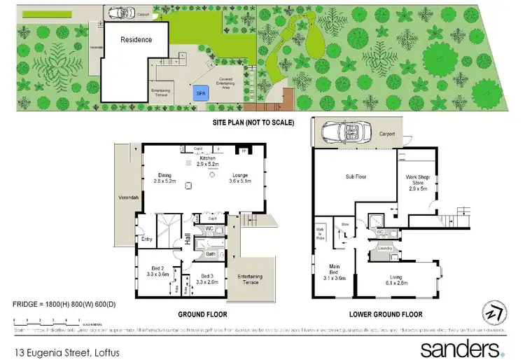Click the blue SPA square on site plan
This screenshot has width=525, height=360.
pos(200,92)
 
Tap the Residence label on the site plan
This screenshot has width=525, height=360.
pos(136,40)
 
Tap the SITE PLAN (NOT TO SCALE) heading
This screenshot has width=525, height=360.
pos(253,122)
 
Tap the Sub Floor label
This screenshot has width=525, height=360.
pos(356,178)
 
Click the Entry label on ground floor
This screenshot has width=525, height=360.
pos(146,240)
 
